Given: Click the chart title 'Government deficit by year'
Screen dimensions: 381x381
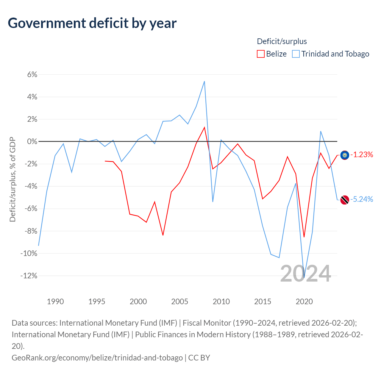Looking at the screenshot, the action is click(92, 23).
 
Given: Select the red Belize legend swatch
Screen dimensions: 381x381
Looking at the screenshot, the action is click(260, 54).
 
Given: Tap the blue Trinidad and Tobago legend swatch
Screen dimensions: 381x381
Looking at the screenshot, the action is click(296, 54).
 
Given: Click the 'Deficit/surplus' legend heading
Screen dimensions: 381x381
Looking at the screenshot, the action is click(282, 41).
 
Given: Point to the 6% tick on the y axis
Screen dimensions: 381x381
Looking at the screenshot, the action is click(32, 74).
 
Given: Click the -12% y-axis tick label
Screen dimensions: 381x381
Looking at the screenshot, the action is click(29, 275).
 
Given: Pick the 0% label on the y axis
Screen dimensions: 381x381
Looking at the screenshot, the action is click(32, 141).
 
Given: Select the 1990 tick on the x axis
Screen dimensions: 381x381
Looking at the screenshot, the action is click(55, 302).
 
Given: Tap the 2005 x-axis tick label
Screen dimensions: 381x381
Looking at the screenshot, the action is click(179, 302).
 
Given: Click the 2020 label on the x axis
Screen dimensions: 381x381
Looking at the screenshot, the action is click(304, 302).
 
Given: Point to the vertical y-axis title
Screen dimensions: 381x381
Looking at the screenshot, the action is click(13, 179).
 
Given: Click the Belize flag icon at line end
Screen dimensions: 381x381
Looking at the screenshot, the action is click(345, 155).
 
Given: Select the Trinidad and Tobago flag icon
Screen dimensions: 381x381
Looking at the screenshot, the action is click(345, 200).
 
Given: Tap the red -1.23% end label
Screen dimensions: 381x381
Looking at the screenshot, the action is click(362, 154).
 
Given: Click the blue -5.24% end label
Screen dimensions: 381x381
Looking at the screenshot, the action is click(362, 199).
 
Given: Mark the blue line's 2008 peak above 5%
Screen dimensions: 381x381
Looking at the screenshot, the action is click(204, 81).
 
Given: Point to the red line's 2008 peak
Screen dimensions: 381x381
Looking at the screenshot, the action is click(204, 127).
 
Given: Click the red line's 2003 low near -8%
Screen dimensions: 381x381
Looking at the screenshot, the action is click(163, 235).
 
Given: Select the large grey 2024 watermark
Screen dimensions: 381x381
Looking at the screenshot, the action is click(306, 274).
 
